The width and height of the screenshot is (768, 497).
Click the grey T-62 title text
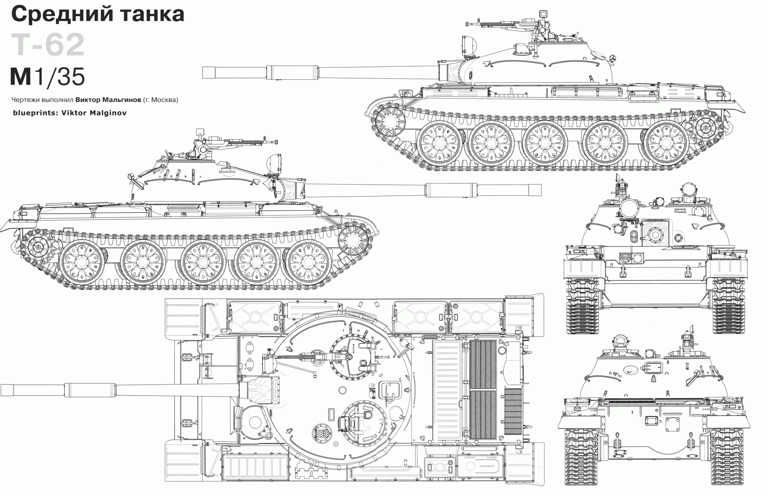tap(48, 45)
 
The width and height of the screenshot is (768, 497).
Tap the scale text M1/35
tap(48, 77)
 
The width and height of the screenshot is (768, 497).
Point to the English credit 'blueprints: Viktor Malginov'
tap(69, 113)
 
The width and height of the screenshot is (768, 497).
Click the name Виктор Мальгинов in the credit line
tap(108, 100)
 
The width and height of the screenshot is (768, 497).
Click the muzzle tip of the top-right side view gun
tap(203, 72)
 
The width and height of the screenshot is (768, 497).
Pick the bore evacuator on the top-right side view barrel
tap(292, 72)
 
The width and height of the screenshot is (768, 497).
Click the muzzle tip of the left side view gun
tap(540, 190)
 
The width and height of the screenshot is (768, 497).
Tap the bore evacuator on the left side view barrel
tap(450, 190)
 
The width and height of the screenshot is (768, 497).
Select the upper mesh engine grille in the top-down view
tap(483, 364)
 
